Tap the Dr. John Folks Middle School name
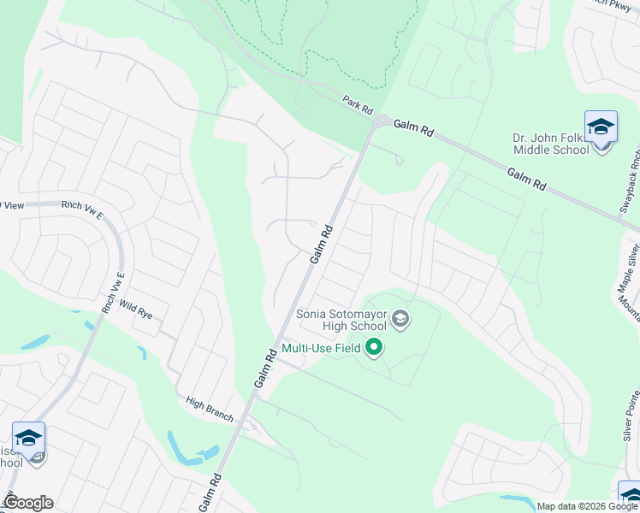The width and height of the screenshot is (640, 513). pos(552,144)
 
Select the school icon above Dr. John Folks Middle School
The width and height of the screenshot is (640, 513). pos(601,127)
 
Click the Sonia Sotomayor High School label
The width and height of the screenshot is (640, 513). pos(341,319)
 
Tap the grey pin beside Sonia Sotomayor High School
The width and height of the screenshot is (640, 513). pos(400,321)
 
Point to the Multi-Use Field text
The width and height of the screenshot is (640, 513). pos(321,348)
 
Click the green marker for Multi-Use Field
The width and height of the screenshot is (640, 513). pos(373,348)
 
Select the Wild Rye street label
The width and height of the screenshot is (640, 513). pos(135,310)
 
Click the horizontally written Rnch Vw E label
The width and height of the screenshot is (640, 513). pos(81,206)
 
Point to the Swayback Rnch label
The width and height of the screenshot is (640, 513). pos(634,187)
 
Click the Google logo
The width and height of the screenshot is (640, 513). pos(28,503)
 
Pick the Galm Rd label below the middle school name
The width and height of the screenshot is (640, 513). pos(526,179)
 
